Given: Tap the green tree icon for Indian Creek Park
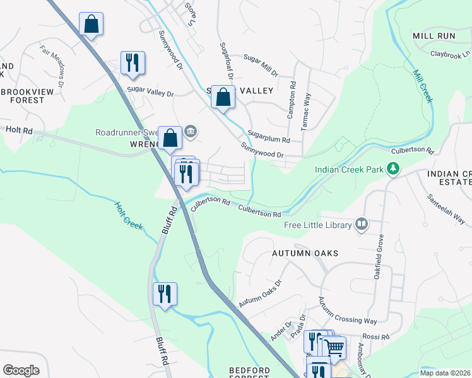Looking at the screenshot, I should tap(393, 168).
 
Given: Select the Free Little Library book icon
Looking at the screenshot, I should tap(362, 223).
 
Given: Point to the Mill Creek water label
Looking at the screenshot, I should tap(423, 86).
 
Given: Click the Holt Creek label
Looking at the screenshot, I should tap(129, 215).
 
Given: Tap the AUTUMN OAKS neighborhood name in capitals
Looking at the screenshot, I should tap(305, 253).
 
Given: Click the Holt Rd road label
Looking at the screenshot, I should tap(18, 130).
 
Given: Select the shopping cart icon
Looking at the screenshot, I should tap(334, 346).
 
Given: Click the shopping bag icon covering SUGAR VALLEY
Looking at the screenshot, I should tap(223, 97).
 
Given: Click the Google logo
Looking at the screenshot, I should tap(21, 370).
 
